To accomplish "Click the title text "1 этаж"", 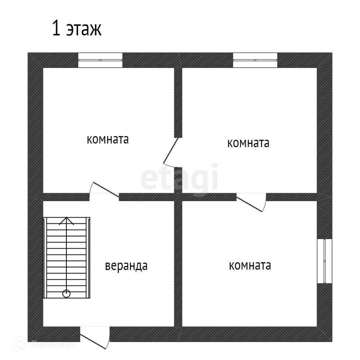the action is pos(76,29).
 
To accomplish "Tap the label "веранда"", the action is pos(126,266).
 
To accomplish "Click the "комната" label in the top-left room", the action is pos(108,140).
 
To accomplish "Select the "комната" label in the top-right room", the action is pos(248,143).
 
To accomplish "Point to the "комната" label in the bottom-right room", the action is pos(250,266).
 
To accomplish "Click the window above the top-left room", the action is pos(100,60).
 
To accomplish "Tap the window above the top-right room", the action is pos(255,60).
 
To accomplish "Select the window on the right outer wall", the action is pos(325,261).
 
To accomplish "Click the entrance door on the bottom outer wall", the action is pos(95,337).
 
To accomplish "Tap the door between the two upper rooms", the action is pos(171,151).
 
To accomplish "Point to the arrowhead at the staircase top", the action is pos(66,220).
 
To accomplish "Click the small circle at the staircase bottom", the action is pos(66,294).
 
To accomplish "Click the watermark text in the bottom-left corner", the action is pos(52,345).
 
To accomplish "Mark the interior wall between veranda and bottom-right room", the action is pos(178,264).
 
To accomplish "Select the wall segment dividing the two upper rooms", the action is pos(178,101).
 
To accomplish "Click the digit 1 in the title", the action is pos(56,29).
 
